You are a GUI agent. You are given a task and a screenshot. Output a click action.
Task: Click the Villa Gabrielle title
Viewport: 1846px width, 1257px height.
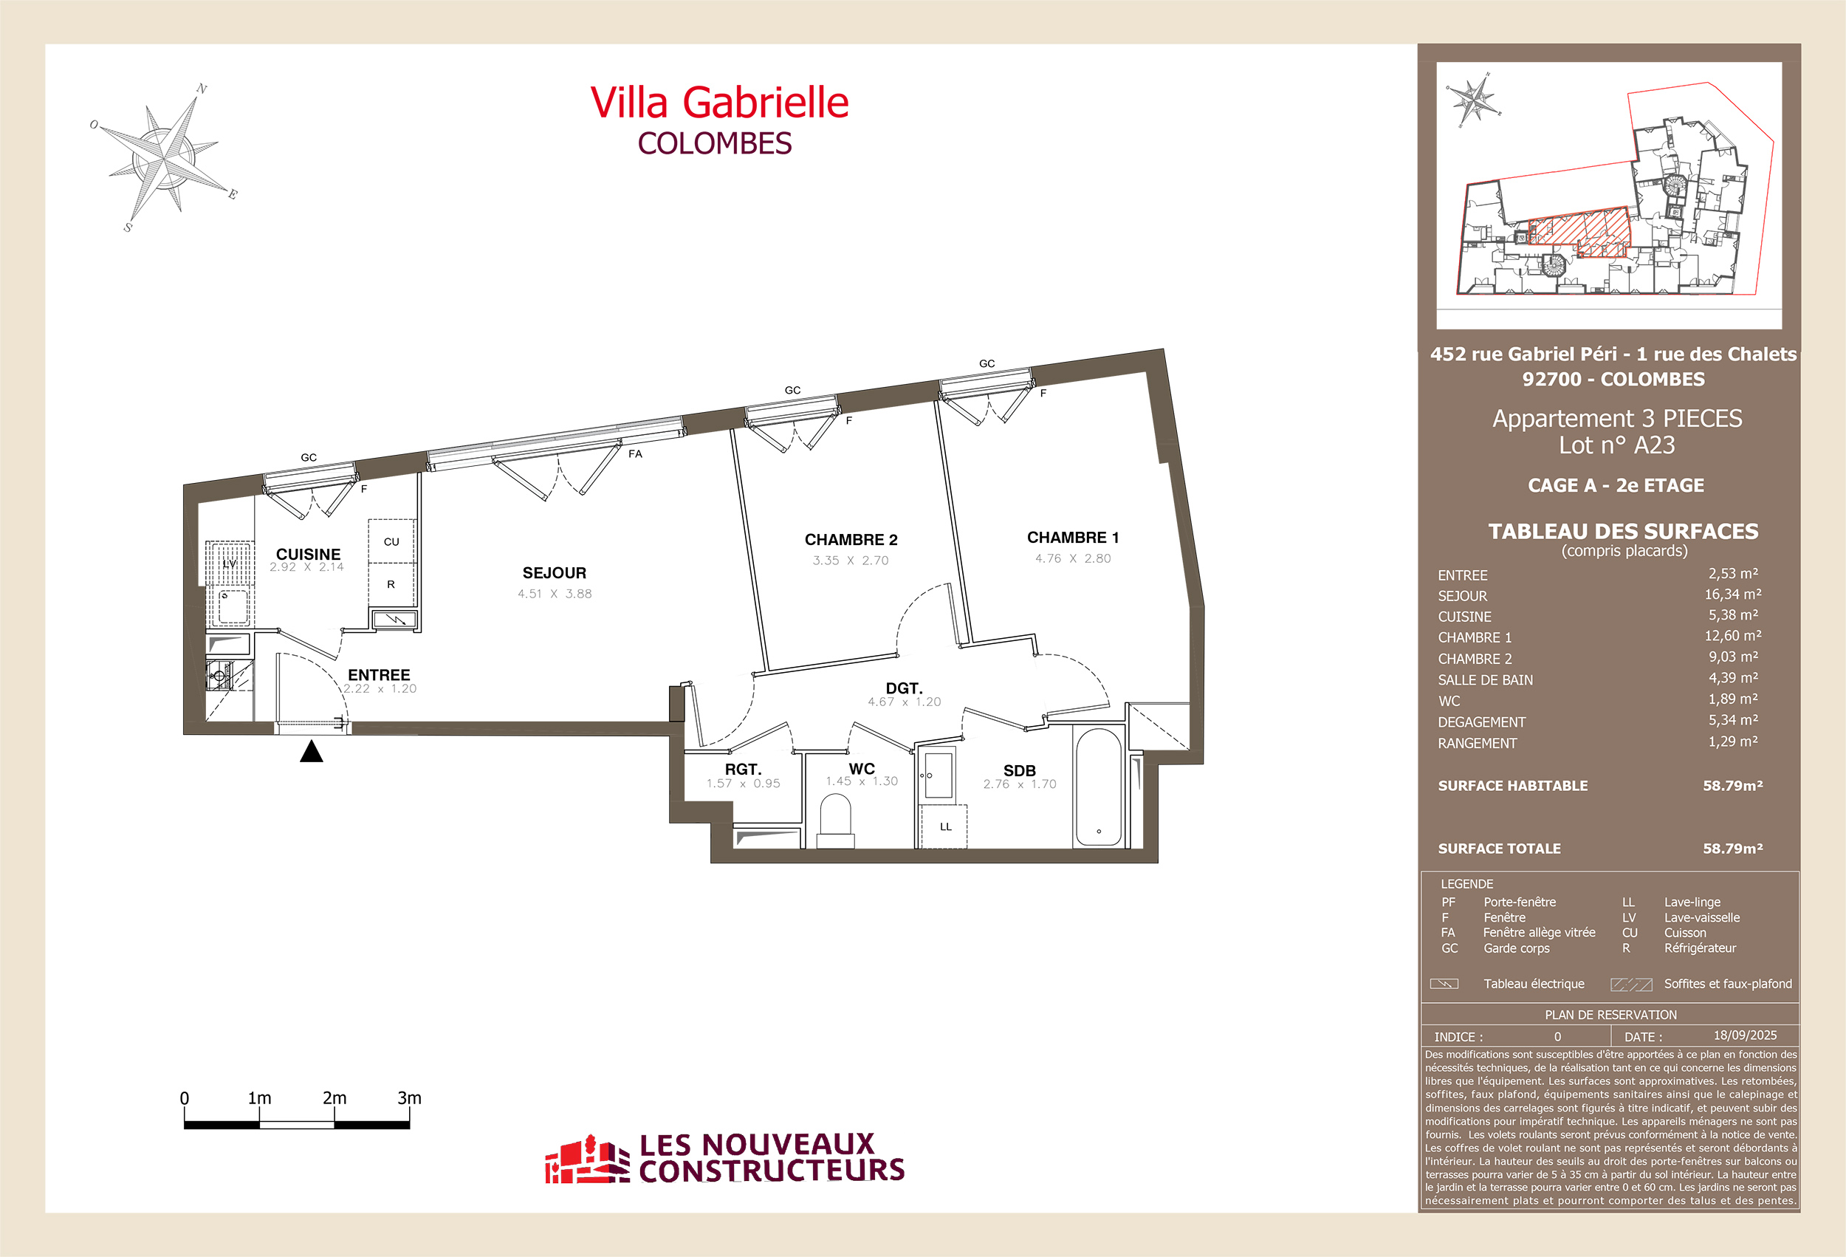tap(719, 103)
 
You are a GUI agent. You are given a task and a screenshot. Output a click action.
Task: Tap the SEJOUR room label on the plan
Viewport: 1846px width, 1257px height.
tap(555, 573)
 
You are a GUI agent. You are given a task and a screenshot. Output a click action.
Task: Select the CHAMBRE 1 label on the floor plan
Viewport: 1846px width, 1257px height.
tap(1072, 538)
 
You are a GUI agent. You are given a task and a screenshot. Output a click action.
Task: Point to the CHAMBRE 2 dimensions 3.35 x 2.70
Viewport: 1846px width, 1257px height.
tap(850, 560)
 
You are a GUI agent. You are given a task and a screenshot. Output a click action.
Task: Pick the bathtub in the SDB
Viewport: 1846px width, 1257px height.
tap(1098, 787)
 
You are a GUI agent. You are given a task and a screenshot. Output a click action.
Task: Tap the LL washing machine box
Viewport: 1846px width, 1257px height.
tap(944, 826)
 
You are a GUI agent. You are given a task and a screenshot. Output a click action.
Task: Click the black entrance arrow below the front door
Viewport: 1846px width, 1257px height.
tap(312, 752)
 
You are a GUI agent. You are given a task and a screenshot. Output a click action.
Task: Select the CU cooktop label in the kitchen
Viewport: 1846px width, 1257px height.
tap(391, 542)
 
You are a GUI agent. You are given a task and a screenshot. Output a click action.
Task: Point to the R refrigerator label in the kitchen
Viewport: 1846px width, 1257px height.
tap(391, 584)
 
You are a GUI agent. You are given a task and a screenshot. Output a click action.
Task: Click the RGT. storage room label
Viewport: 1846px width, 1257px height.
tap(743, 769)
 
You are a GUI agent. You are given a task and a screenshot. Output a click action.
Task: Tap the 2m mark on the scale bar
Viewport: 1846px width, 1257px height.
tap(334, 1099)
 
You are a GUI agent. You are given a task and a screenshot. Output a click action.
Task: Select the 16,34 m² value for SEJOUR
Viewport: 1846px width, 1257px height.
tap(1732, 595)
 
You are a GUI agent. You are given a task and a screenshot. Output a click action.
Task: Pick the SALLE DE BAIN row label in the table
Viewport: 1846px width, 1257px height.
tap(1485, 680)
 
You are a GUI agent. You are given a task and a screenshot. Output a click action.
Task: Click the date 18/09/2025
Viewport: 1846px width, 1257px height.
tap(1744, 1035)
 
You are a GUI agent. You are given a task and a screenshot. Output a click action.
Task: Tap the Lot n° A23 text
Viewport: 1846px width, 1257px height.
tap(1616, 445)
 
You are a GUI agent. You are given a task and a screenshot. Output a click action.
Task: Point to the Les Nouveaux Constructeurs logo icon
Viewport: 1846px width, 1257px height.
tap(586, 1160)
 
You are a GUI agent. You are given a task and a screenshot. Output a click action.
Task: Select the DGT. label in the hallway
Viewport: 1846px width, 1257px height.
tap(903, 688)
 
